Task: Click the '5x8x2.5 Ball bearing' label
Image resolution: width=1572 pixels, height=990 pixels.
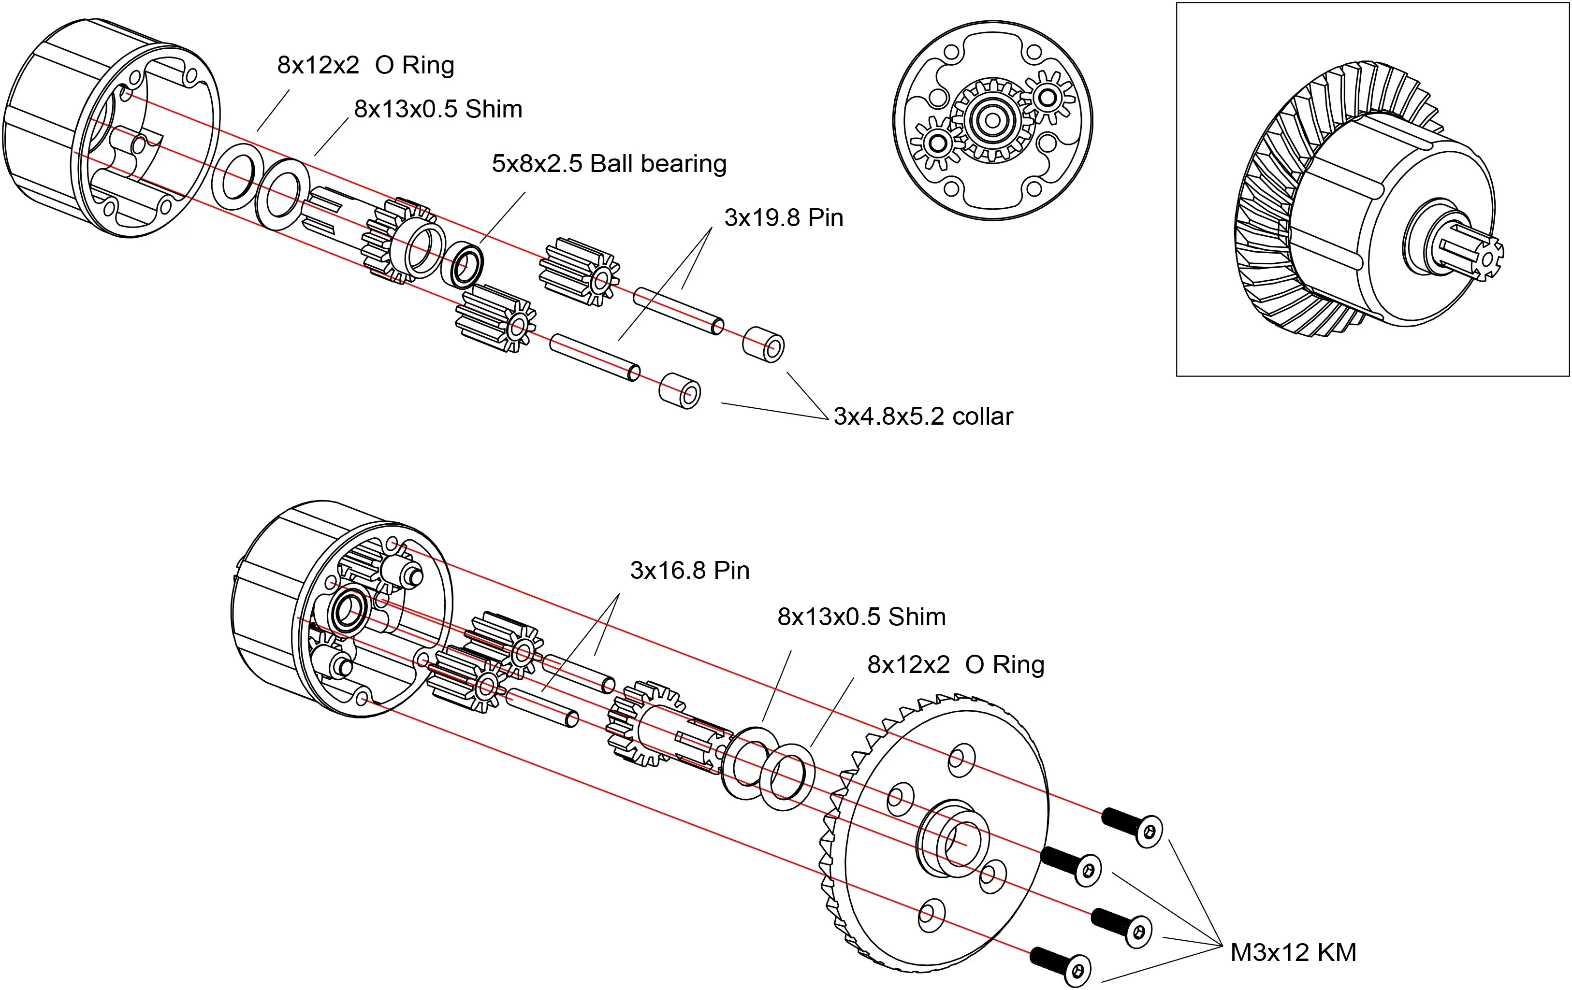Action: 609,163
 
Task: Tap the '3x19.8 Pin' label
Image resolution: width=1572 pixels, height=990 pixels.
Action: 784,217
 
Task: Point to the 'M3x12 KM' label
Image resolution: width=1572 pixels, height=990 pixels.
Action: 1293,952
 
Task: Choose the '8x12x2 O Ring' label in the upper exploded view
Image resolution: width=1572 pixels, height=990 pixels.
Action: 365,65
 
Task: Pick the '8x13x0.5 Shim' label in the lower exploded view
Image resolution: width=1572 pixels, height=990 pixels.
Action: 861,616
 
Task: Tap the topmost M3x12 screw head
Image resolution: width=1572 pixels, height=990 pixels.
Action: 1149,832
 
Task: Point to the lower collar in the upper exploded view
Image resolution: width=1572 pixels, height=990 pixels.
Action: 680,390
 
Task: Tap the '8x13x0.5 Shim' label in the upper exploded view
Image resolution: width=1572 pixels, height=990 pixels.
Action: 438,109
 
